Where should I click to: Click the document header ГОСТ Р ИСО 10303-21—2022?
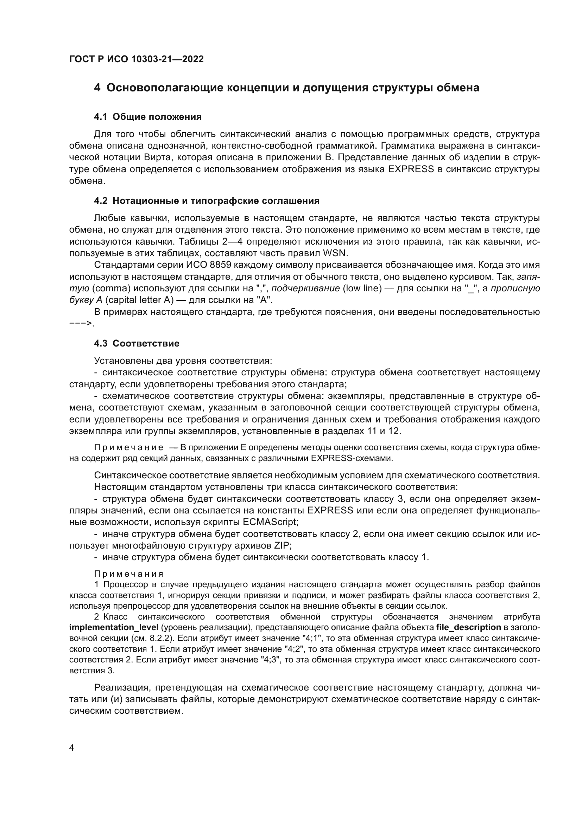click(x=136, y=59)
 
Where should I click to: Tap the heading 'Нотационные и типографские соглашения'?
click(x=216, y=201)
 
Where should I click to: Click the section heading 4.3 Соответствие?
click(x=137, y=343)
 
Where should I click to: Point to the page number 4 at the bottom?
click(x=71, y=748)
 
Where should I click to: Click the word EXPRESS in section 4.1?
click(x=411, y=169)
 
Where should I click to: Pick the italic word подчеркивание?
click(x=306, y=288)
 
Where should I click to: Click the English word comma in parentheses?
click(x=113, y=288)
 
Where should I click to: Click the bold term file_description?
click(x=468, y=627)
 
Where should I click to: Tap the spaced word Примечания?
click(x=129, y=574)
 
